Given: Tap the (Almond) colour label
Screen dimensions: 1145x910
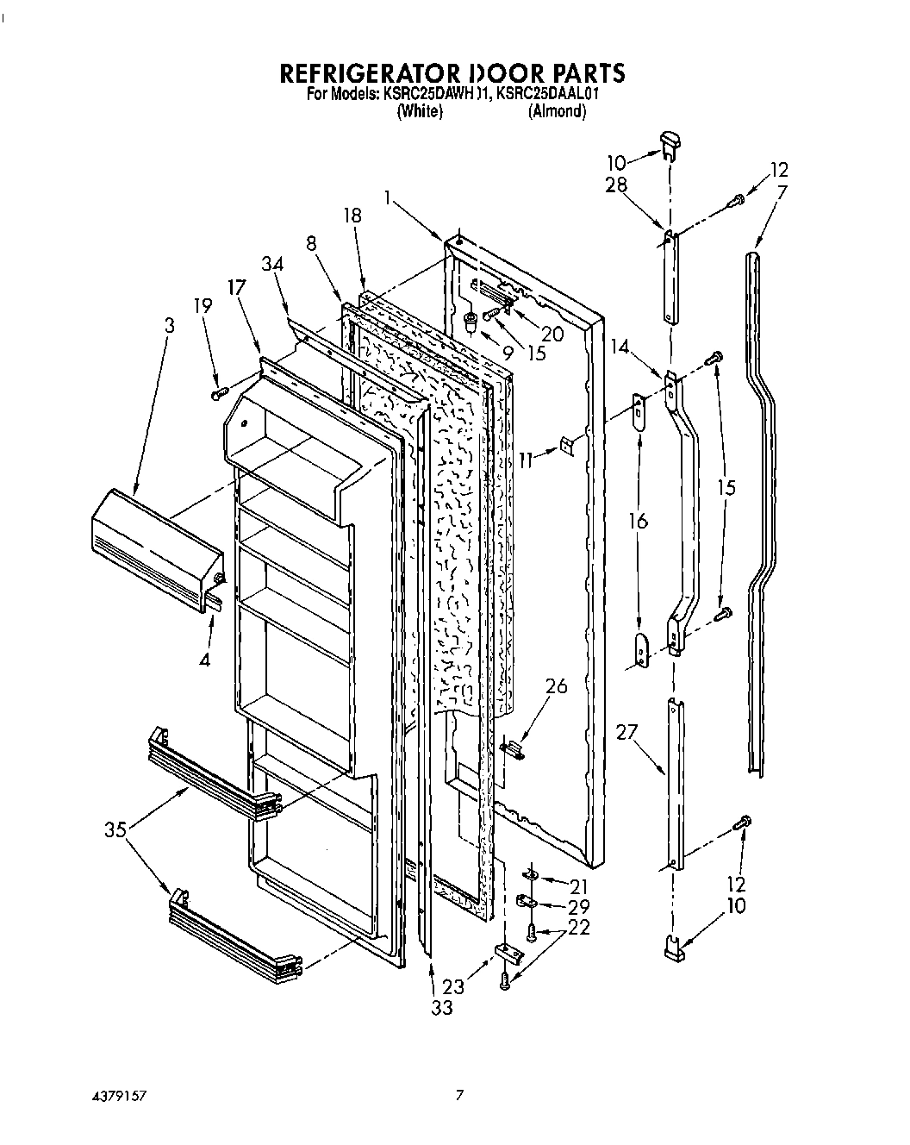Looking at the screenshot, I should tap(557, 111).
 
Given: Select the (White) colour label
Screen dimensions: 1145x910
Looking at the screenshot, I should tap(420, 111).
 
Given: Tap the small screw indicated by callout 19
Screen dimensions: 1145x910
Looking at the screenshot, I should tap(217, 393).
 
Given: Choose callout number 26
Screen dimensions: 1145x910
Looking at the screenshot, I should tap(558, 685).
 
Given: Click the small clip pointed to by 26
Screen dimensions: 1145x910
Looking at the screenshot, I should tap(512, 749).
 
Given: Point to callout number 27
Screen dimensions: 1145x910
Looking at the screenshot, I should tap(626, 732).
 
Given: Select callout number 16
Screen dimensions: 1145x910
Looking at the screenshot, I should tap(639, 521).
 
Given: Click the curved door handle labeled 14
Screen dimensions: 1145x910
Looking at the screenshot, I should tap(689, 500).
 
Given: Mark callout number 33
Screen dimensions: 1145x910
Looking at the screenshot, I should tap(442, 1006).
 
